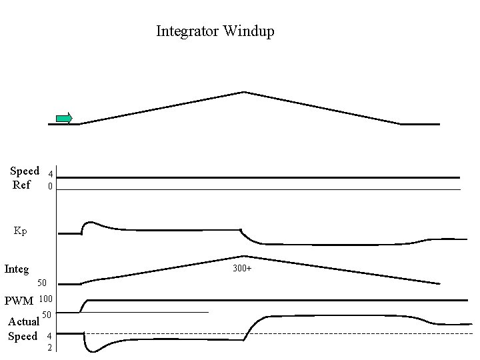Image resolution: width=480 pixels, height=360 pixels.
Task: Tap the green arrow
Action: click(x=64, y=119)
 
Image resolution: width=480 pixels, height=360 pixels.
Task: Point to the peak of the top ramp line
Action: click(x=244, y=92)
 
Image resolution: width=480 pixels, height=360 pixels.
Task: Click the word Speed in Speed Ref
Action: click(x=25, y=171)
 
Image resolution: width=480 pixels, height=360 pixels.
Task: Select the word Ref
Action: click(x=21, y=184)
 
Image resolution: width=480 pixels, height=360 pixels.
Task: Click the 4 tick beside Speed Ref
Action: click(x=50, y=175)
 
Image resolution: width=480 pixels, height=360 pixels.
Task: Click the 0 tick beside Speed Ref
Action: click(x=50, y=187)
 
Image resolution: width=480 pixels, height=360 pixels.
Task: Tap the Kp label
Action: click(x=21, y=231)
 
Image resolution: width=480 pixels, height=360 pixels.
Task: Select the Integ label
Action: click(x=17, y=269)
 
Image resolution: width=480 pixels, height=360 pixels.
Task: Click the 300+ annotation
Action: click(x=242, y=269)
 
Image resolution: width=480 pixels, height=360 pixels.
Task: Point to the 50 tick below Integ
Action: click(x=41, y=283)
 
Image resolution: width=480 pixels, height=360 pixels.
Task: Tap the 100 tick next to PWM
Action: click(x=46, y=299)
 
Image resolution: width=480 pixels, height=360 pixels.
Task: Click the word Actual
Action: click(x=23, y=321)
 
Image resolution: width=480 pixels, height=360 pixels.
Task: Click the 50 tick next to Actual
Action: click(x=47, y=315)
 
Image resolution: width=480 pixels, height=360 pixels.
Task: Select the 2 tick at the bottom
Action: click(x=49, y=347)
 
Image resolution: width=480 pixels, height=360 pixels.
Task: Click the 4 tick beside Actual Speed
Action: click(x=49, y=335)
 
